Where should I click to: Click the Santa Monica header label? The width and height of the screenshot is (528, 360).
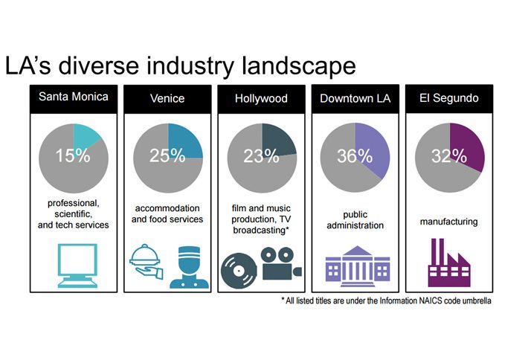[x=72, y=98]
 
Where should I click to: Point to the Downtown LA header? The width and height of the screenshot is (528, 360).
[x=353, y=98]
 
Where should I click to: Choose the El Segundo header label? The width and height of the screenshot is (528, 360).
[x=448, y=98]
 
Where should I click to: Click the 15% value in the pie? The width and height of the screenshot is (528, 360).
[x=72, y=156]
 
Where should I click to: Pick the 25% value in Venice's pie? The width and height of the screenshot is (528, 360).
[x=167, y=156]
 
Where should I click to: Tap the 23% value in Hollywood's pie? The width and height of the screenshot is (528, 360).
[x=260, y=156]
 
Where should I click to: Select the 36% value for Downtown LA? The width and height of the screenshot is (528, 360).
[x=354, y=156]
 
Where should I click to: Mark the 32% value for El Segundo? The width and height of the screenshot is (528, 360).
[x=448, y=156]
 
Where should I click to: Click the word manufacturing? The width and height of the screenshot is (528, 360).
[x=448, y=221]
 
